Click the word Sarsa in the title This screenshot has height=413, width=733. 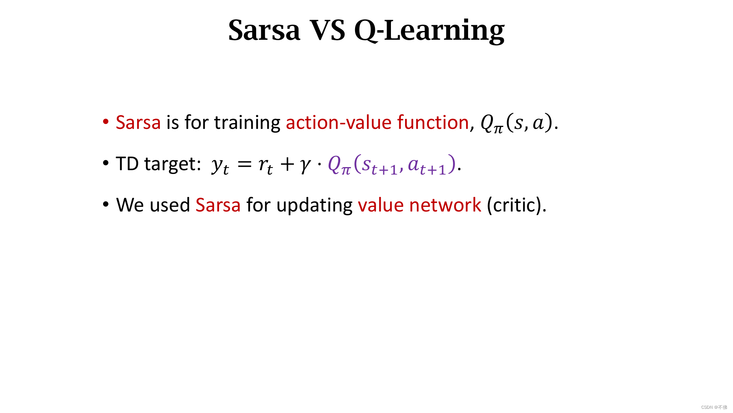click(264, 30)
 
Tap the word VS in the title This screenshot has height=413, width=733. click(328, 30)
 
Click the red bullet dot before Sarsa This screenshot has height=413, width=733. click(106, 122)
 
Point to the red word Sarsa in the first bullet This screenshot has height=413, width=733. click(138, 122)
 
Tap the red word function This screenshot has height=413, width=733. click(433, 122)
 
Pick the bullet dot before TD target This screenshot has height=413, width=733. click(106, 163)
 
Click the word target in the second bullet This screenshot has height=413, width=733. click(173, 164)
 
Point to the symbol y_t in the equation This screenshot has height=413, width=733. click(220, 165)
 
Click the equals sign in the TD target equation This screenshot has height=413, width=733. click(244, 164)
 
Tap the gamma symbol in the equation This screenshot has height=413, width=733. click(305, 165)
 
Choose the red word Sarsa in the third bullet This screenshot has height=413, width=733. click(218, 205)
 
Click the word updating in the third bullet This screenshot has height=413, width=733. click(314, 206)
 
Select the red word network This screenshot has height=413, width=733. click(445, 205)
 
